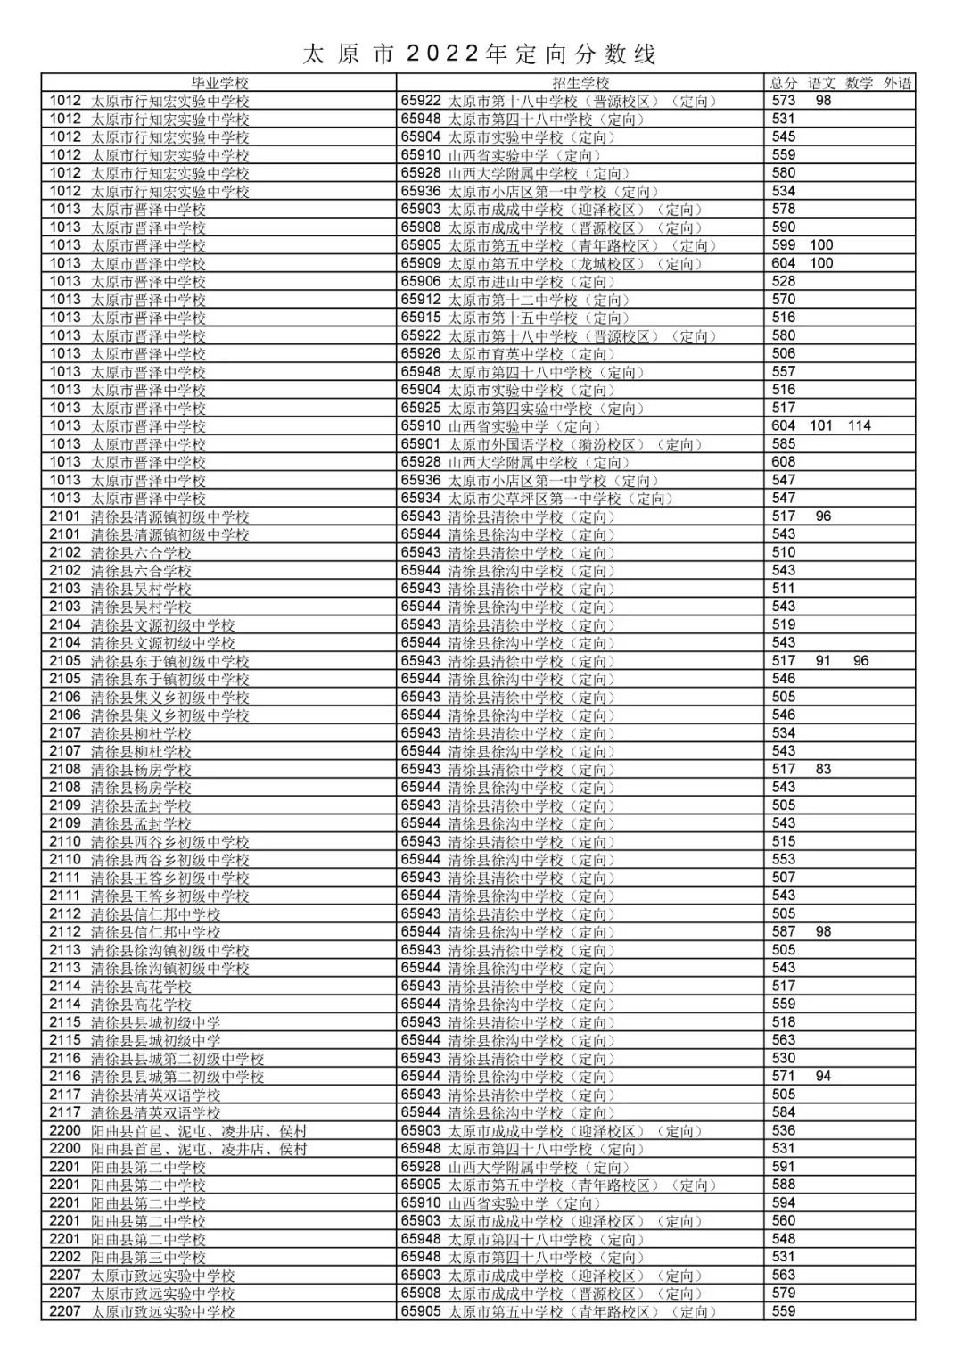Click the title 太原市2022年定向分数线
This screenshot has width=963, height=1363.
point(480,54)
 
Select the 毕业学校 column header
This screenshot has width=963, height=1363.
point(220,83)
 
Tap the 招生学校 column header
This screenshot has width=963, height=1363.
point(580,83)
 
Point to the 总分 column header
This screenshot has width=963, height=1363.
point(783,83)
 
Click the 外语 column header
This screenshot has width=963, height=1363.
point(897,83)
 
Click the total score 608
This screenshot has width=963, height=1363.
point(783,462)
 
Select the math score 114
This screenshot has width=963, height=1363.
point(859,425)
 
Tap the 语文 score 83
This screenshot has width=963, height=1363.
point(822,769)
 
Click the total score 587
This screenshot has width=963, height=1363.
point(783,931)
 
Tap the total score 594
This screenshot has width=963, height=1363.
point(783,1202)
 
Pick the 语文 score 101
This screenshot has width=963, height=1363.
point(820,425)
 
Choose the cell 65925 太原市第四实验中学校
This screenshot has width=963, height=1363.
point(522,408)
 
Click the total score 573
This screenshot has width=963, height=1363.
point(783,101)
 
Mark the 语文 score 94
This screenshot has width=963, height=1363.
point(822,1076)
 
